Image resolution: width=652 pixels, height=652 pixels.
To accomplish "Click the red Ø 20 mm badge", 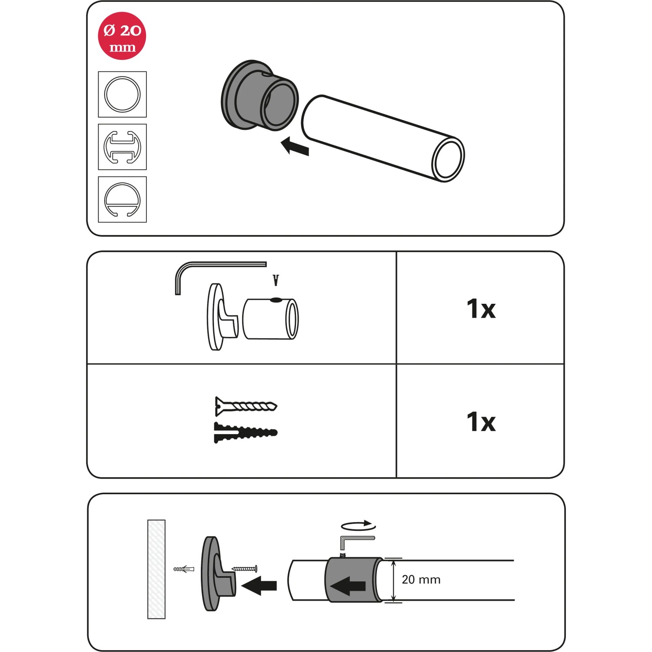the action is click(122, 36).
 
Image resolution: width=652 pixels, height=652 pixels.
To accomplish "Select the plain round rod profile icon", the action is click(122, 94).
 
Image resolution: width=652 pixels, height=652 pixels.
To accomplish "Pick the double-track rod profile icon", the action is click(122, 147).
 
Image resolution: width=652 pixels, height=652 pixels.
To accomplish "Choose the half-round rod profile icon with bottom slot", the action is click(122, 200).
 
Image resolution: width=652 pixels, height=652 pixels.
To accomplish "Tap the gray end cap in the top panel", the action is click(259, 95).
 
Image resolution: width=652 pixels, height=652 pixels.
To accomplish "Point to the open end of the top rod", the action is click(448, 160).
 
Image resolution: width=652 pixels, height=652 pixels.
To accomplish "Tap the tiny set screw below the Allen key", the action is click(275, 280).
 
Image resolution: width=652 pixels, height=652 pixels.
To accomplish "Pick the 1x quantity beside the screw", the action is click(481, 422).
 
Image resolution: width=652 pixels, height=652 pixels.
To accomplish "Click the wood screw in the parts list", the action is click(246, 406).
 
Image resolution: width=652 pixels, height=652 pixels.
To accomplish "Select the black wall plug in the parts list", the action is click(246, 432).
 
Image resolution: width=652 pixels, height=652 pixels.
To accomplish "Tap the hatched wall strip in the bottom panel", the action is click(156, 569).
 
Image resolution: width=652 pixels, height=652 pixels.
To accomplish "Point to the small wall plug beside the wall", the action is click(184, 569).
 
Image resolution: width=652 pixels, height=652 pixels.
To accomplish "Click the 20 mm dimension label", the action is click(421, 579).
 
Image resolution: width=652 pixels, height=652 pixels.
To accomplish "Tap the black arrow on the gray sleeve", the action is click(348, 585).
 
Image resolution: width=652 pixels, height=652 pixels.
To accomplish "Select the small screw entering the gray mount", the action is click(244, 568).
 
